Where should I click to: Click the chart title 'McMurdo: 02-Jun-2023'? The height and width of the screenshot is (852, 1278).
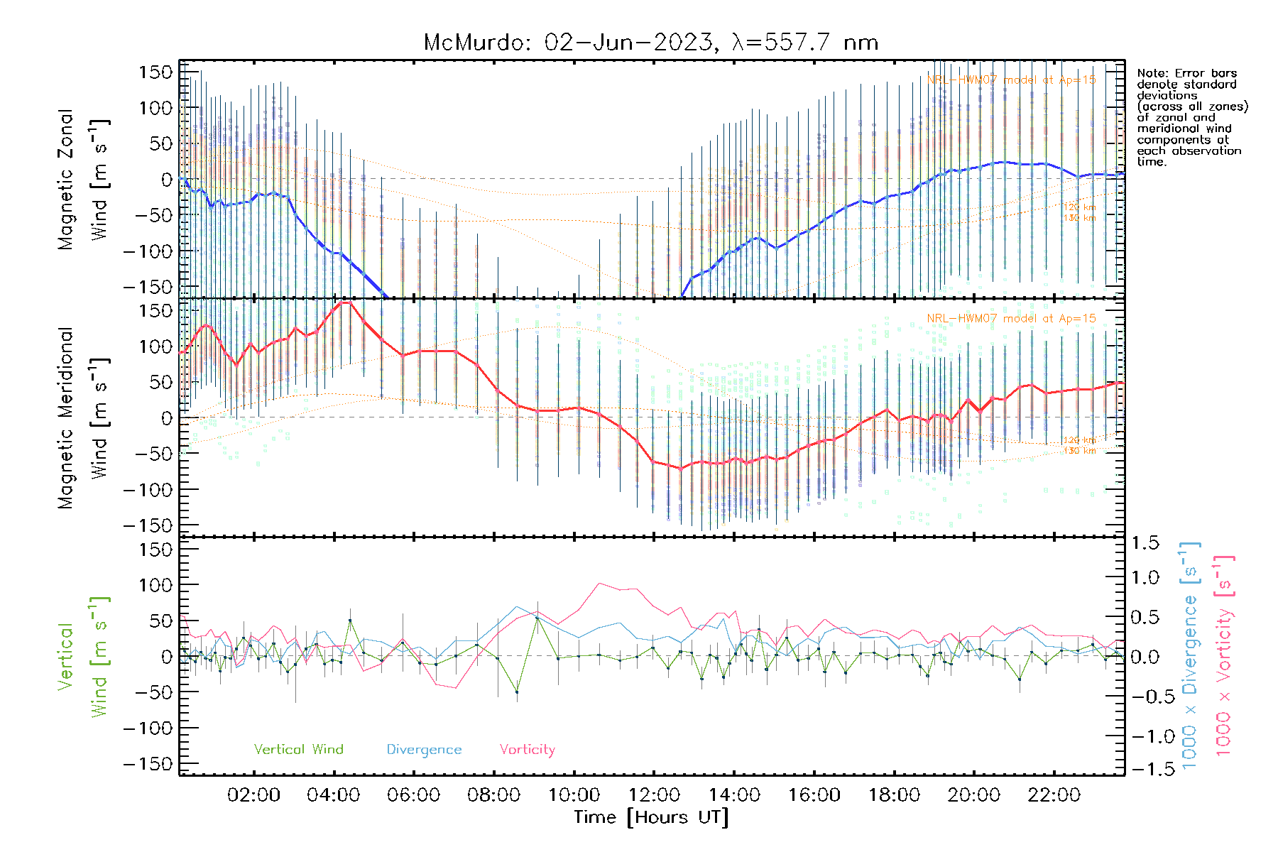pos(568,43)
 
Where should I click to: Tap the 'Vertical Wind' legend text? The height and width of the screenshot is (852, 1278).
pos(298,749)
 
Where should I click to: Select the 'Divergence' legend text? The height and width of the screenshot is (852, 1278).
pos(424,749)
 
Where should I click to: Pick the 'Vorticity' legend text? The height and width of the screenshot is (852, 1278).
pos(527,749)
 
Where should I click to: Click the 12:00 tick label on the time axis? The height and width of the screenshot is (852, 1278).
pos(654,794)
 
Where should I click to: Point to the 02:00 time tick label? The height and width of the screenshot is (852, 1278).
pos(253,794)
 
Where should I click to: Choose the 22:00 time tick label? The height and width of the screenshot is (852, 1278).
pos(1054,794)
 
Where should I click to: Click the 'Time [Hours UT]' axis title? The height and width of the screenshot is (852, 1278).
pos(651,817)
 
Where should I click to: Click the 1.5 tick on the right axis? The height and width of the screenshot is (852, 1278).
pos(1145,542)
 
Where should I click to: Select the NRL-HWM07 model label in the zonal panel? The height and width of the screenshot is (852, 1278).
pos(1011,80)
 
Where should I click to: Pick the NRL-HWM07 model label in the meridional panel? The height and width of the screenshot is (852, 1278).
pos(1011,319)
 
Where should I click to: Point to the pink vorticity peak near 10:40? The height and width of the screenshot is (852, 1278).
pos(600,584)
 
